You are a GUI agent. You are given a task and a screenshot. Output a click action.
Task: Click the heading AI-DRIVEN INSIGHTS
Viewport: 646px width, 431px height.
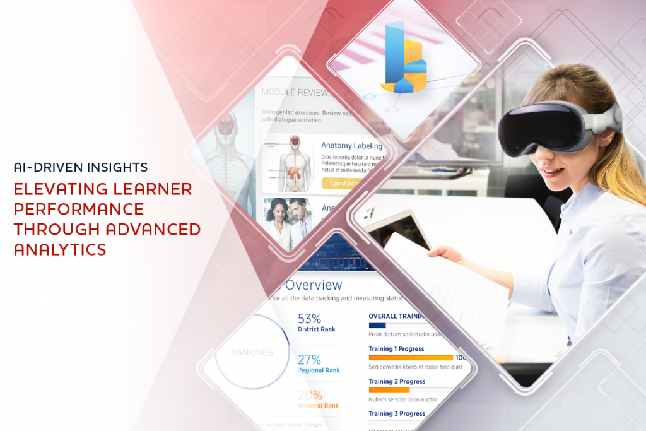pos(81,167)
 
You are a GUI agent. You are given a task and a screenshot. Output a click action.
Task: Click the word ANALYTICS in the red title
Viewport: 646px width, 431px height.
pos(60,249)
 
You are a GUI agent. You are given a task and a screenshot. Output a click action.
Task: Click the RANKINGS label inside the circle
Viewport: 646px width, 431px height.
pos(251,353)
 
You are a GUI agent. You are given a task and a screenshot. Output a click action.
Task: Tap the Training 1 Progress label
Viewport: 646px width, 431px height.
pos(396,348)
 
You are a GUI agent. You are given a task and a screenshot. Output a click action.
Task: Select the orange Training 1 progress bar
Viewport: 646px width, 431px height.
pos(411,358)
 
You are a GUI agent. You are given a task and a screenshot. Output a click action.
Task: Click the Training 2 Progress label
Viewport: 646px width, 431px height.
pos(396,381)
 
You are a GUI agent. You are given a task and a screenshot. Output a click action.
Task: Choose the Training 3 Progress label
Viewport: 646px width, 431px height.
pos(396,413)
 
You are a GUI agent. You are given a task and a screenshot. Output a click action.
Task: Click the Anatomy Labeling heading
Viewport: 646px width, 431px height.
pos(351,145)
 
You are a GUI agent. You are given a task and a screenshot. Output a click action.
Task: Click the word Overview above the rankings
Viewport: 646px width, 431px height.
pos(314,285)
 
